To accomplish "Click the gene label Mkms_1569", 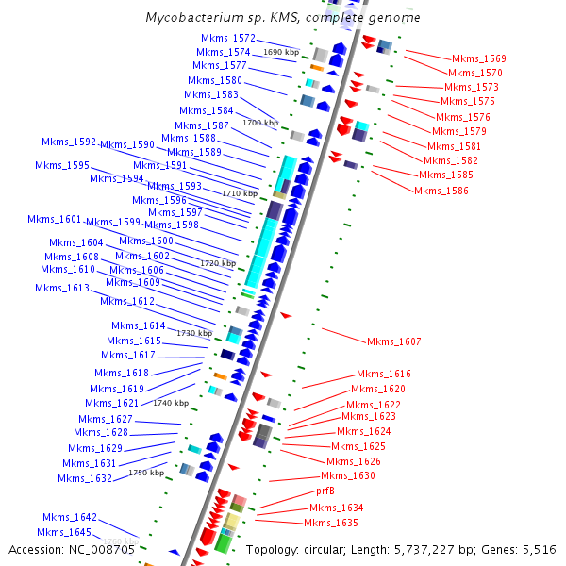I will [x=478, y=58].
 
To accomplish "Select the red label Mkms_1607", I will [x=393, y=341].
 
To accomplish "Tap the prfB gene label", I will [x=325, y=491].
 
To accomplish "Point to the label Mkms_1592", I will [x=69, y=142].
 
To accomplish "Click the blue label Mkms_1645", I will [x=65, y=533].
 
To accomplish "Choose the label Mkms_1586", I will [x=441, y=191].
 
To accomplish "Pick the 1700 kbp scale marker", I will [x=259, y=123].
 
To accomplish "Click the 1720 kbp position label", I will [x=218, y=263].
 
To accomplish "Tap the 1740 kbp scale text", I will [x=171, y=403].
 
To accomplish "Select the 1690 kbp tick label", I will [x=281, y=52].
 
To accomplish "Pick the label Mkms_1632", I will [x=84, y=478].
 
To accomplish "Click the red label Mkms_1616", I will [x=383, y=375].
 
